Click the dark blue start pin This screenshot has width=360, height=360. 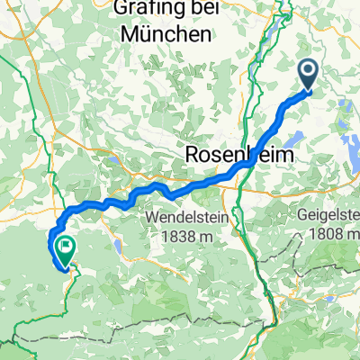[x=307, y=73]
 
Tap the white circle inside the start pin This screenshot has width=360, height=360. [x=307, y=70]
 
